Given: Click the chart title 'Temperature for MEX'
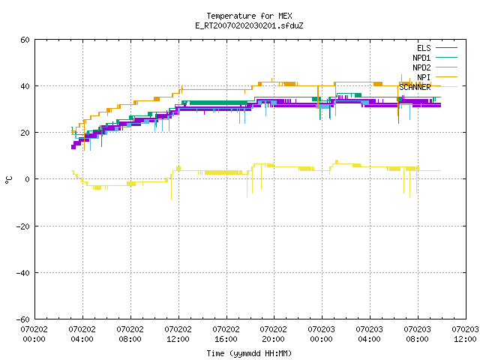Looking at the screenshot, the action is (x=249, y=16).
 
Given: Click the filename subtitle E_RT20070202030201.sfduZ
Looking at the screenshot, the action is (x=249, y=25).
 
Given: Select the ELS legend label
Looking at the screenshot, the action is (x=424, y=48).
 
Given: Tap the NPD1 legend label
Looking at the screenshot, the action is (x=421, y=58).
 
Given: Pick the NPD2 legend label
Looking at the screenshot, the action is (x=421, y=67).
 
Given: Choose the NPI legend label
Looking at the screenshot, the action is (x=424, y=77).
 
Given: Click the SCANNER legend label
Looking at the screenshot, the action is (x=415, y=87).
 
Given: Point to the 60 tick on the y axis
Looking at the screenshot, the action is (x=25, y=40).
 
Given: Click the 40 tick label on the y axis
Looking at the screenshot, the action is (x=25, y=86).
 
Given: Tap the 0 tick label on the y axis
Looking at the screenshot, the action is (x=28, y=179).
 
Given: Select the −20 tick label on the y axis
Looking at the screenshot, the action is (x=23, y=226).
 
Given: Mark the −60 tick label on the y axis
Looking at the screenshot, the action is (x=23, y=319).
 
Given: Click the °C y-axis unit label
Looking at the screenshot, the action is (x=8, y=180).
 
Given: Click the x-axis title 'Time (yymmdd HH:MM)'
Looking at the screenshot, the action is (x=249, y=353).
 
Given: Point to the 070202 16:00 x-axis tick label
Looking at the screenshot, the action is (x=226, y=334).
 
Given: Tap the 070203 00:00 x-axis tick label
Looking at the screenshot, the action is (x=321, y=334).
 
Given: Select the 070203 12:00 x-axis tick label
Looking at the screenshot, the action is (x=465, y=334).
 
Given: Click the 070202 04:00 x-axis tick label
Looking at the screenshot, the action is (x=82, y=334).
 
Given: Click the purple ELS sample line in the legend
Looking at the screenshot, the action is (x=446, y=48).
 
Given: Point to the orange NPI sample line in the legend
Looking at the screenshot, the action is (x=446, y=77).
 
